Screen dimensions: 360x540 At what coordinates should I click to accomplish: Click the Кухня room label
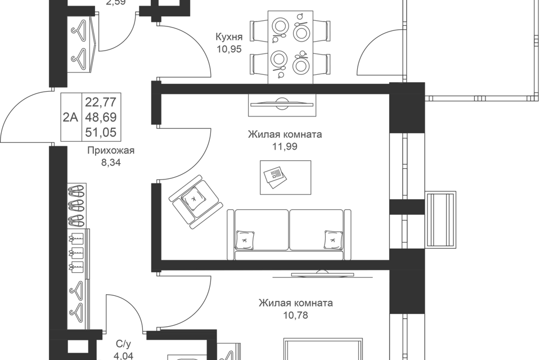229,38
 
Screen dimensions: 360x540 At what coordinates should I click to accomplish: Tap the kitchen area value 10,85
229,49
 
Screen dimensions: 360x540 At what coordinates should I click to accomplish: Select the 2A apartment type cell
70,117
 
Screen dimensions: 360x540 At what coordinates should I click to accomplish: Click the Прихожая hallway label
111,151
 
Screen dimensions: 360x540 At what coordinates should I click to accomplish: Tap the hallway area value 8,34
111,161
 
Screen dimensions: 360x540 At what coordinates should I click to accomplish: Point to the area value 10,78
295,314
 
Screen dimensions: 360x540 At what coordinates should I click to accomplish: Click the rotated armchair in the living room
195,200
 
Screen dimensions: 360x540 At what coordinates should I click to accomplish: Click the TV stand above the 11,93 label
282,105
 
